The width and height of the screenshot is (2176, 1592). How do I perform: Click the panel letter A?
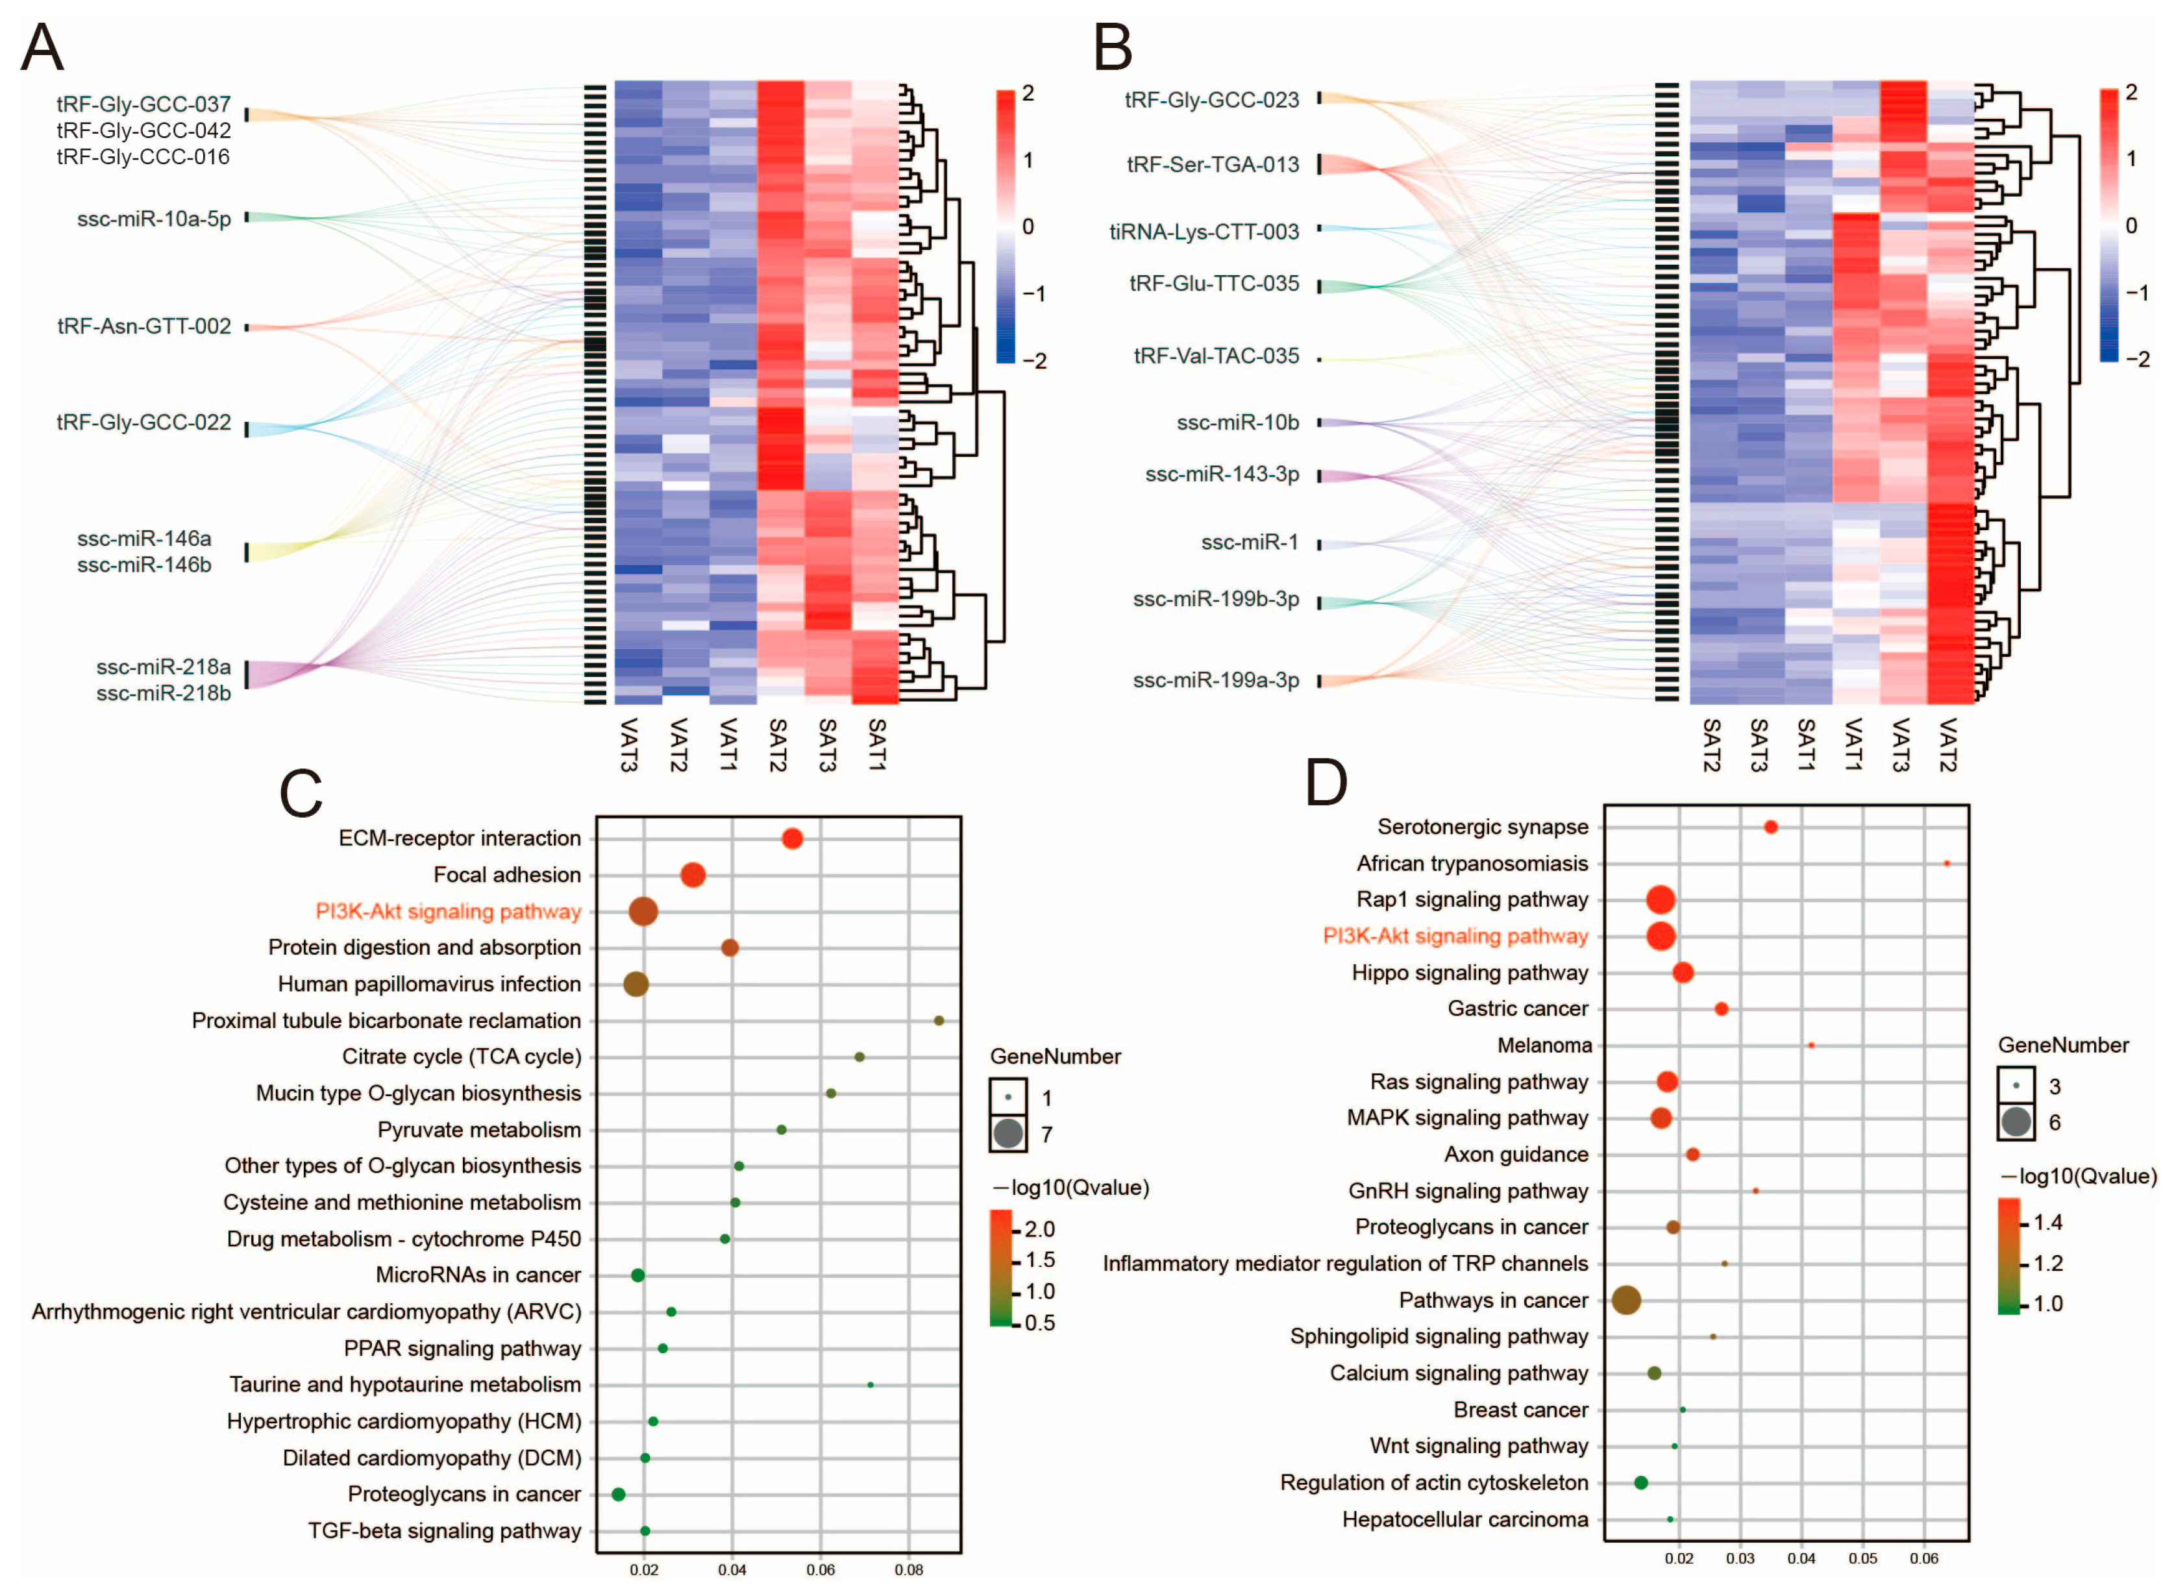pos(42,47)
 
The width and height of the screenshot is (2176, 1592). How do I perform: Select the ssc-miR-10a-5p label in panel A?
pos(155,219)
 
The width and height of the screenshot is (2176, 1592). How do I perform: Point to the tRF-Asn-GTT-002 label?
pos(145,326)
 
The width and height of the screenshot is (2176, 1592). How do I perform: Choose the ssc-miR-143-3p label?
pos(1222,474)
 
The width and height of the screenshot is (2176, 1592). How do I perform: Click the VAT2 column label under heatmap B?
pos(1947,744)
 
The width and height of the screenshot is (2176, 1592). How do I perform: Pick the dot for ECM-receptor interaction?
pos(792,839)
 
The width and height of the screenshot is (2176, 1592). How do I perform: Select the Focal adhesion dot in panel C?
pos(693,875)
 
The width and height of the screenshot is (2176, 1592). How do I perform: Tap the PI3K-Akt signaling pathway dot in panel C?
pos(644,912)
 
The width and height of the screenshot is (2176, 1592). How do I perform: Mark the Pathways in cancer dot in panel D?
pos(1627,1300)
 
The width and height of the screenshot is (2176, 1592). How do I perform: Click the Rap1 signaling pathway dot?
pos(1661,900)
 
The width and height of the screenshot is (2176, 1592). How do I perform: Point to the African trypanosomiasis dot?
pos(1947,863)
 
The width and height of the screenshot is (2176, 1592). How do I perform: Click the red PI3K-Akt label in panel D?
pos(1455,936)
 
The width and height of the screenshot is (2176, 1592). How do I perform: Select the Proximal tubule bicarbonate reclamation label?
pos(386,1020)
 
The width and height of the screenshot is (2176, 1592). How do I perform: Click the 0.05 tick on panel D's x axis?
pos(1863,1558)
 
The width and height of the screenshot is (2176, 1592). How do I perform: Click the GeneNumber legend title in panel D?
pos(2063,1045)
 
